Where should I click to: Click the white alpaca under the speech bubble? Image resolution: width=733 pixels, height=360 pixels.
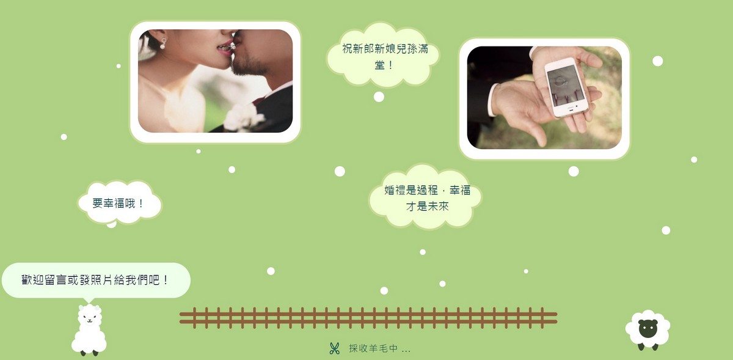coord(89,330)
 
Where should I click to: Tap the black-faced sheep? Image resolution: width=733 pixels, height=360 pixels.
coord(647,330)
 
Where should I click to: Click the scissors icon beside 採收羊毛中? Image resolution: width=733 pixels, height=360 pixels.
coord(335,348)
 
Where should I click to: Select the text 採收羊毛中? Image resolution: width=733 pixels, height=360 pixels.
coord(373,348)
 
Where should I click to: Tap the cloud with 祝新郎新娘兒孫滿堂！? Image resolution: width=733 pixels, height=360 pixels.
coord(383,55)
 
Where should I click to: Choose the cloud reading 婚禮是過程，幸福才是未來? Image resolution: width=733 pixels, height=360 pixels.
coord(425,197)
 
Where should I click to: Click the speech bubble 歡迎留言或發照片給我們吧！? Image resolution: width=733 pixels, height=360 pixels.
coord(96,281)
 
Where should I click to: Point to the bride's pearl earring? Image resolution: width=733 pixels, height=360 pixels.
coord(162,43)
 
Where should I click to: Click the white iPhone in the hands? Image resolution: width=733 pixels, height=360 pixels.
coord(566,87)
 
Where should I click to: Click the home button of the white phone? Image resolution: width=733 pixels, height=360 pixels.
coord(571,109)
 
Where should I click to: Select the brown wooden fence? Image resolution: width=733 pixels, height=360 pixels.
coord(368,318)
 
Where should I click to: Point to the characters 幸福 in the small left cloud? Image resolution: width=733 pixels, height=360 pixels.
coord(114,204)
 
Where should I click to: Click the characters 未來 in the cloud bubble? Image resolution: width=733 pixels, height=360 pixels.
coord(438,207)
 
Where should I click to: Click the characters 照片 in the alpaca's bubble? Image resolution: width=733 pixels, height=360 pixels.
coord(101,281)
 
